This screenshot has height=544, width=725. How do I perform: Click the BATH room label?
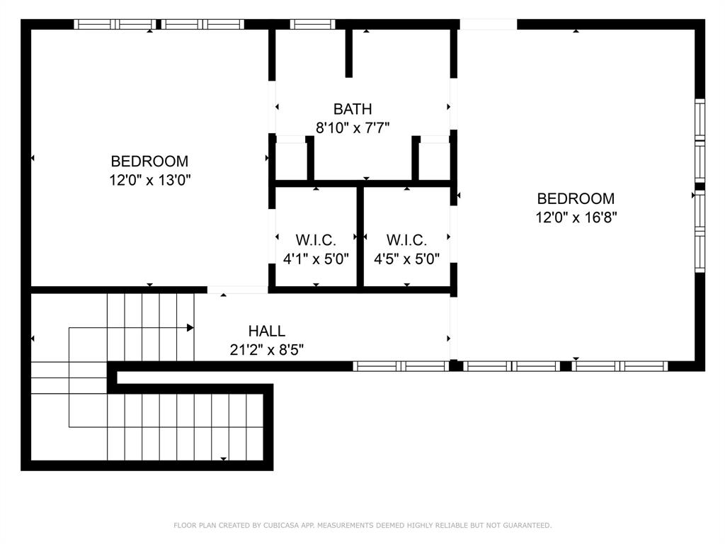point(353,109)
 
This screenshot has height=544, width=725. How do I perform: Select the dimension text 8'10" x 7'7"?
point(353,127)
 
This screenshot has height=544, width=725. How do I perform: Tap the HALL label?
point(267,331)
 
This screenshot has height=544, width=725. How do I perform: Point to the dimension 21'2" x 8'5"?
point(267,349)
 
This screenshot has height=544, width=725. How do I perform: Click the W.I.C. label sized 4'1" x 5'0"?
point(316,240)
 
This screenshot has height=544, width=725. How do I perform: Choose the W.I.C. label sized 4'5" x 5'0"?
point(406,240)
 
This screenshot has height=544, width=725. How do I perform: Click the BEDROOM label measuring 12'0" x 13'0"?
point(149,161)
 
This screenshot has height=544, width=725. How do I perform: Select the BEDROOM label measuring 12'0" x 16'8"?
point(576,199)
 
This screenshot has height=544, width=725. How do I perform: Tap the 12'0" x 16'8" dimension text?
point(576,217)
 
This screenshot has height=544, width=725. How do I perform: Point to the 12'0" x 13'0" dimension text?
point(149,180)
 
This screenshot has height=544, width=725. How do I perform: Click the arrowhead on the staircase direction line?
point(190,328)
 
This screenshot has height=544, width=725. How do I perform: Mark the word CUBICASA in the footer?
point(279,526)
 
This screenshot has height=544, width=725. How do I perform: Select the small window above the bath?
point(312,24)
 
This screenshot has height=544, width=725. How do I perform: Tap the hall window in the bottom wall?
point(401,366)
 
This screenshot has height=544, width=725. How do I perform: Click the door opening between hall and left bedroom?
point(237,290)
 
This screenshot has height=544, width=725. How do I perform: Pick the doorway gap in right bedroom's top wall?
point(489,24)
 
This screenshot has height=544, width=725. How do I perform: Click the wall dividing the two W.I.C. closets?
point(360,237)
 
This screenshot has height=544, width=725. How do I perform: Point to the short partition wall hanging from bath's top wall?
point(348,53)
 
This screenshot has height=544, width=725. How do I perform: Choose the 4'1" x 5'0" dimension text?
point(316,259)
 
